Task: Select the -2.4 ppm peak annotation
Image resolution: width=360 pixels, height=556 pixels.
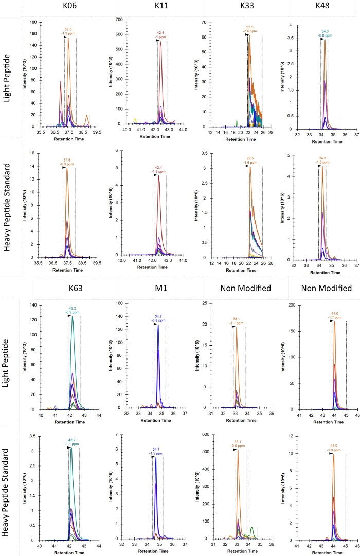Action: [x=249, y=31]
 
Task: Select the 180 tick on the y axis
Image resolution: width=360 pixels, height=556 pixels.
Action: [x=32, y=23]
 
